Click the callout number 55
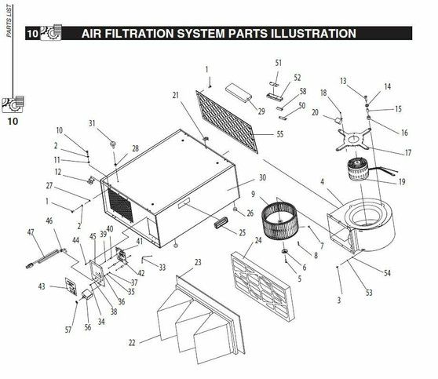280,134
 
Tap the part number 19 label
402,182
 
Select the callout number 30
263,177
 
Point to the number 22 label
132,343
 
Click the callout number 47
31,232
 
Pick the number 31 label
92,123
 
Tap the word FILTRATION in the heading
139,34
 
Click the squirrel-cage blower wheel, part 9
279,220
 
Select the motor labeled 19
358,169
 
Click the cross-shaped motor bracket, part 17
354,139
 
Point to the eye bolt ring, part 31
113,144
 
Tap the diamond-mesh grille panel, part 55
227,122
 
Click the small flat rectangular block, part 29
239,93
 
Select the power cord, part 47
46,258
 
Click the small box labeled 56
87,294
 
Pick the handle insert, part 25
221,223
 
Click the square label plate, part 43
71,286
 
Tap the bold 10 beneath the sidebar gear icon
13,121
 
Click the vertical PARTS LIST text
9,20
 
